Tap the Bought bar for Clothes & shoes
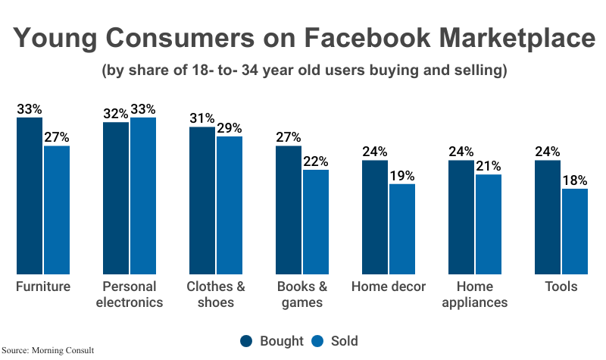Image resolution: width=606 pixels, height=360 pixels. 202,200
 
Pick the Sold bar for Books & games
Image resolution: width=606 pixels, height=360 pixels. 316,221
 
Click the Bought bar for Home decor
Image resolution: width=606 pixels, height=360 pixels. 375,217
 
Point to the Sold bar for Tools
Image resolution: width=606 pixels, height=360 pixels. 575,231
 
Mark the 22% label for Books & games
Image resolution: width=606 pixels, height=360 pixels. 316,161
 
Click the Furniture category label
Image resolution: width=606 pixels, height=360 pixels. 43,286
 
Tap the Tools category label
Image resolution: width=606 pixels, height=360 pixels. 561,286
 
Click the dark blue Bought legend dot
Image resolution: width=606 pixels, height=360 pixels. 246,341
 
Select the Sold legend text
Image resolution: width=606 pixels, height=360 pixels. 343,341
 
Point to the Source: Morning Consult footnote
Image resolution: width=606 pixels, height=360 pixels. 48,352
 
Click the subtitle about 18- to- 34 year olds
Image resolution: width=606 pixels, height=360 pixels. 303,71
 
